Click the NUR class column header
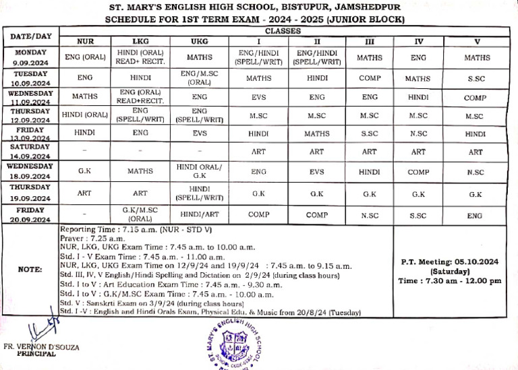[85, 41]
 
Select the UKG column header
[199, 41]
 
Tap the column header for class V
[477, 41]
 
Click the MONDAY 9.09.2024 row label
[30, 57]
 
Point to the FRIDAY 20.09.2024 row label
[30, 215]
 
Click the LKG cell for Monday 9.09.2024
[140, 57]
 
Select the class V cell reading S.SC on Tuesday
[477, 78]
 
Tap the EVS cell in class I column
[259, 97]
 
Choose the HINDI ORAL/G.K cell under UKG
[199, 171]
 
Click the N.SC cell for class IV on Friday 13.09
[418, 133]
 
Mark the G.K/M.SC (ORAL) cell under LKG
[140, 215]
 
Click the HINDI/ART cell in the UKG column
[199, 215]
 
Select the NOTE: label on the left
[30, 270]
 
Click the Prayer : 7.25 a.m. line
[94, 239]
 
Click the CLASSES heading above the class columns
[283, 32]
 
